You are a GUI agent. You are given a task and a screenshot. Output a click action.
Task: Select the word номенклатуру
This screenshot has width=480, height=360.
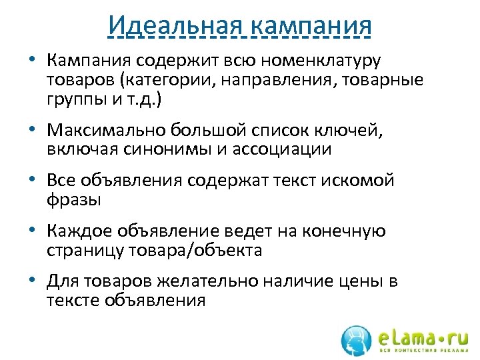322,61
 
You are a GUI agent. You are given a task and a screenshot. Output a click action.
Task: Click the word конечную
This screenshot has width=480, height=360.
345,231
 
